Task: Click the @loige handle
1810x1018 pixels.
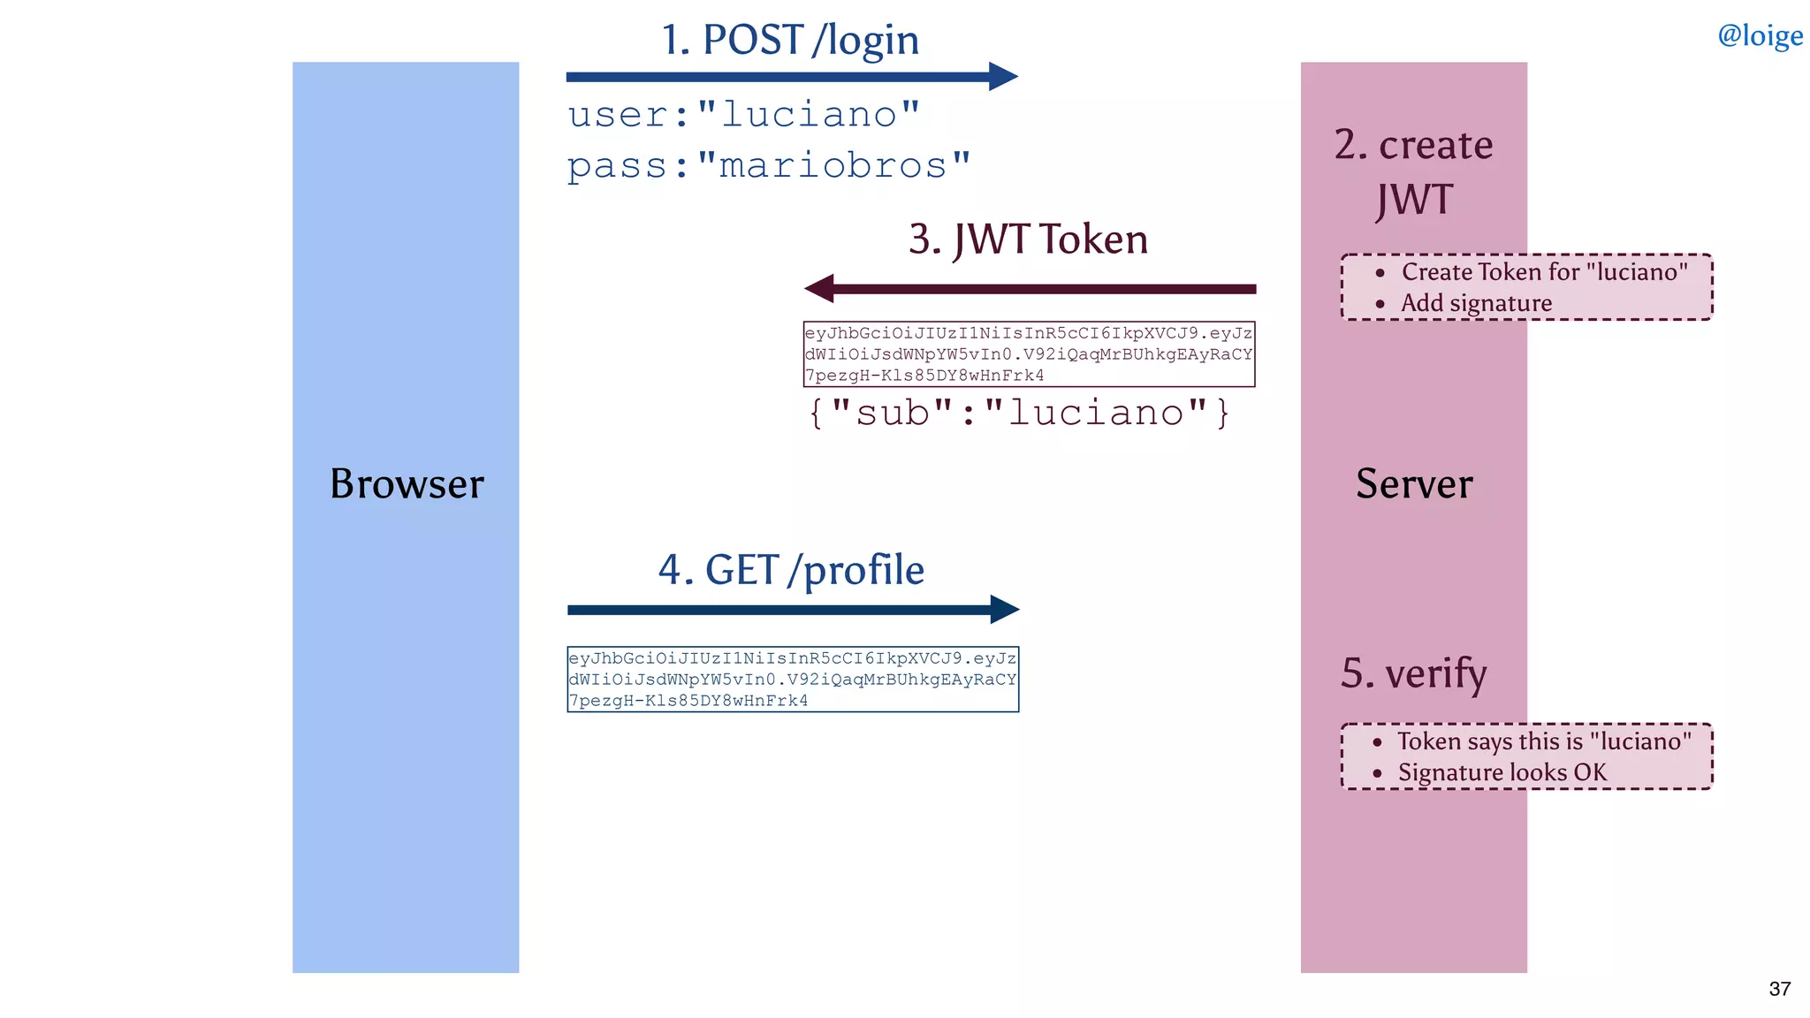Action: coord(1759,35)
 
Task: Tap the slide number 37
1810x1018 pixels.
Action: coord(1779,989)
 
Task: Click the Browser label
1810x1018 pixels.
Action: coord(407,483)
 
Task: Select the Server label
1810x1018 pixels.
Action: coord(1414,483)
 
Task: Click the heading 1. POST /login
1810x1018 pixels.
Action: coord(790,41)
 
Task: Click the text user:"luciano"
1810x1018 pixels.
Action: coord(743,115)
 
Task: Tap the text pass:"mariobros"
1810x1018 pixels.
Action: coord(768,165)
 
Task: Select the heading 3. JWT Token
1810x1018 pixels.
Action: coord(1028,239)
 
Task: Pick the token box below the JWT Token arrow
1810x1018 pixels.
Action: coord(1029,354)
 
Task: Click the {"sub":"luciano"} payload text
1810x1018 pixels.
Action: coord(1018,413)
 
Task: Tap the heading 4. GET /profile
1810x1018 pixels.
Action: coord(791,570)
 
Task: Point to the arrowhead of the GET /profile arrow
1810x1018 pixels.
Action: coord(1006,609)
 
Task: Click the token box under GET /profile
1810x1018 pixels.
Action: coord(793,680)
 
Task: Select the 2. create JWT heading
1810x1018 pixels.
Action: coord(1414,171)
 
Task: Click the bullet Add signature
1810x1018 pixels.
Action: coord(1475,303)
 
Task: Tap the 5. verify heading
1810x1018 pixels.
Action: coord(1413,673)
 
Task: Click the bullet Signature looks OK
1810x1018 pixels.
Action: coord(1502,772)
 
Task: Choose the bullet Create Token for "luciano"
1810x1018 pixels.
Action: coord(1543,272)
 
